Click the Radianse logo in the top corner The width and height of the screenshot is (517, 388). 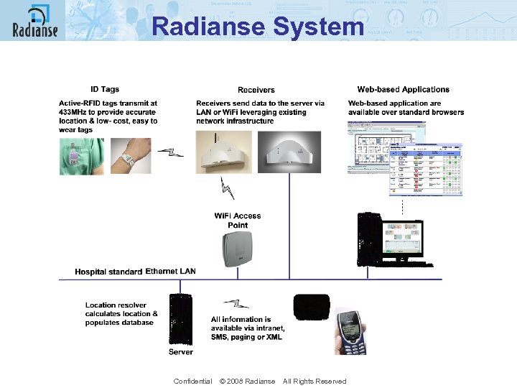[34, 21]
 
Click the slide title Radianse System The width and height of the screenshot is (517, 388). [258, 27]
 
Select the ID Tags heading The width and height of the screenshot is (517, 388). [105, 89]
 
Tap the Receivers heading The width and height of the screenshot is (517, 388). [256, 90]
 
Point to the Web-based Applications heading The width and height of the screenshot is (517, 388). [404, 89]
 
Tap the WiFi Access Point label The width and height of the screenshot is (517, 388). [238, 220]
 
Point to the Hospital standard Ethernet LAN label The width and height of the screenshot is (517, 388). [135, 272]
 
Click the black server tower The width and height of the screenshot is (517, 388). [180, 320]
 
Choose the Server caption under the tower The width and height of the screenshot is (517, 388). [181, 352]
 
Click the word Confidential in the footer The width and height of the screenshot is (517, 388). [192, 381]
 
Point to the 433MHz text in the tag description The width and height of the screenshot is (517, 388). [74, 112]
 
